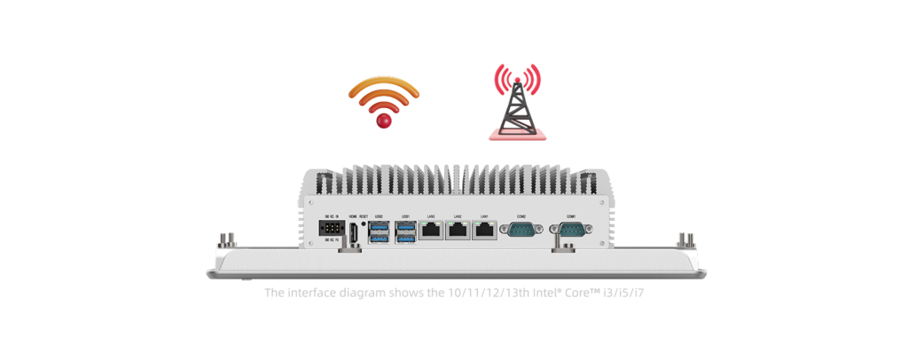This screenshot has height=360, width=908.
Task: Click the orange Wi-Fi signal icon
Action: click(383, 94)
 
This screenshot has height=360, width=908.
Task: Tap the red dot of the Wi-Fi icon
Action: click(384, 121)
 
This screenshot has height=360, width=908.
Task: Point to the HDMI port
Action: click(353, 232)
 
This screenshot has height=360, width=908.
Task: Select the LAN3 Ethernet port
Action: click(432, 231)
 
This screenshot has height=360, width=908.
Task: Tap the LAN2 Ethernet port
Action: click(458, 231)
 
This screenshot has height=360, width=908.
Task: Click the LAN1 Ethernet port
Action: click(484, 231)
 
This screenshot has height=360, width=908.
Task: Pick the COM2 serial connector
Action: click(521, 231)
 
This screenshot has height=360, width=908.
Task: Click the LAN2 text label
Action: click(458, 216)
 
